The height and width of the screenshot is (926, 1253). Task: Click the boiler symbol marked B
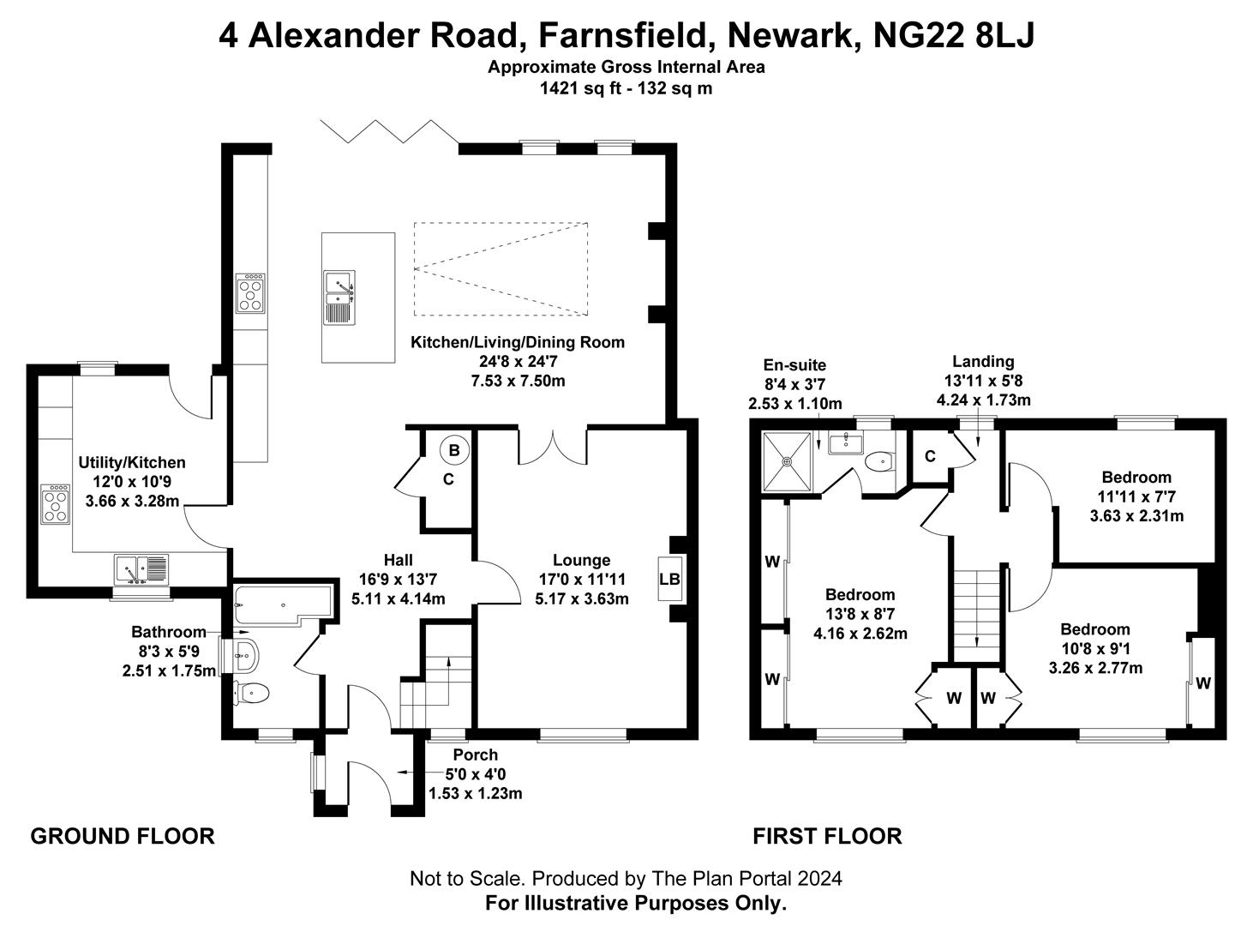[x=454, y=450]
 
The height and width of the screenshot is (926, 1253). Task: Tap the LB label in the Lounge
[x=669, y=580]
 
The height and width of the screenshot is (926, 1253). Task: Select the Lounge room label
[x=581, y=561]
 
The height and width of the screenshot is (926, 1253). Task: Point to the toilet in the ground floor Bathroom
[x=252, y=692]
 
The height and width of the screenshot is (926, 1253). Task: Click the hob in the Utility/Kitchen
[x=55, y=504]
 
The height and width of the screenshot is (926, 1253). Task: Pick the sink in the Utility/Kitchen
[x=142, y=568]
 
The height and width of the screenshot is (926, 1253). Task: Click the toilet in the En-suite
[x=878, y=462]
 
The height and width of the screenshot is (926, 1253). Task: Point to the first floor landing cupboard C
[x=930, y=457]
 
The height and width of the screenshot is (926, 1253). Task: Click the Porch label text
[x=475, y=755]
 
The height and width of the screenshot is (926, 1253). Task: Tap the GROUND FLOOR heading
[x=123, y=836]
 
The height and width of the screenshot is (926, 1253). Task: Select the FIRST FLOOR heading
[x=827, y=836]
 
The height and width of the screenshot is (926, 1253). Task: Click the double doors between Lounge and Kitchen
[x=552, y=446]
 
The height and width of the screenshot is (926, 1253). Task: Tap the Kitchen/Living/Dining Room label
[x=518, y=343]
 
